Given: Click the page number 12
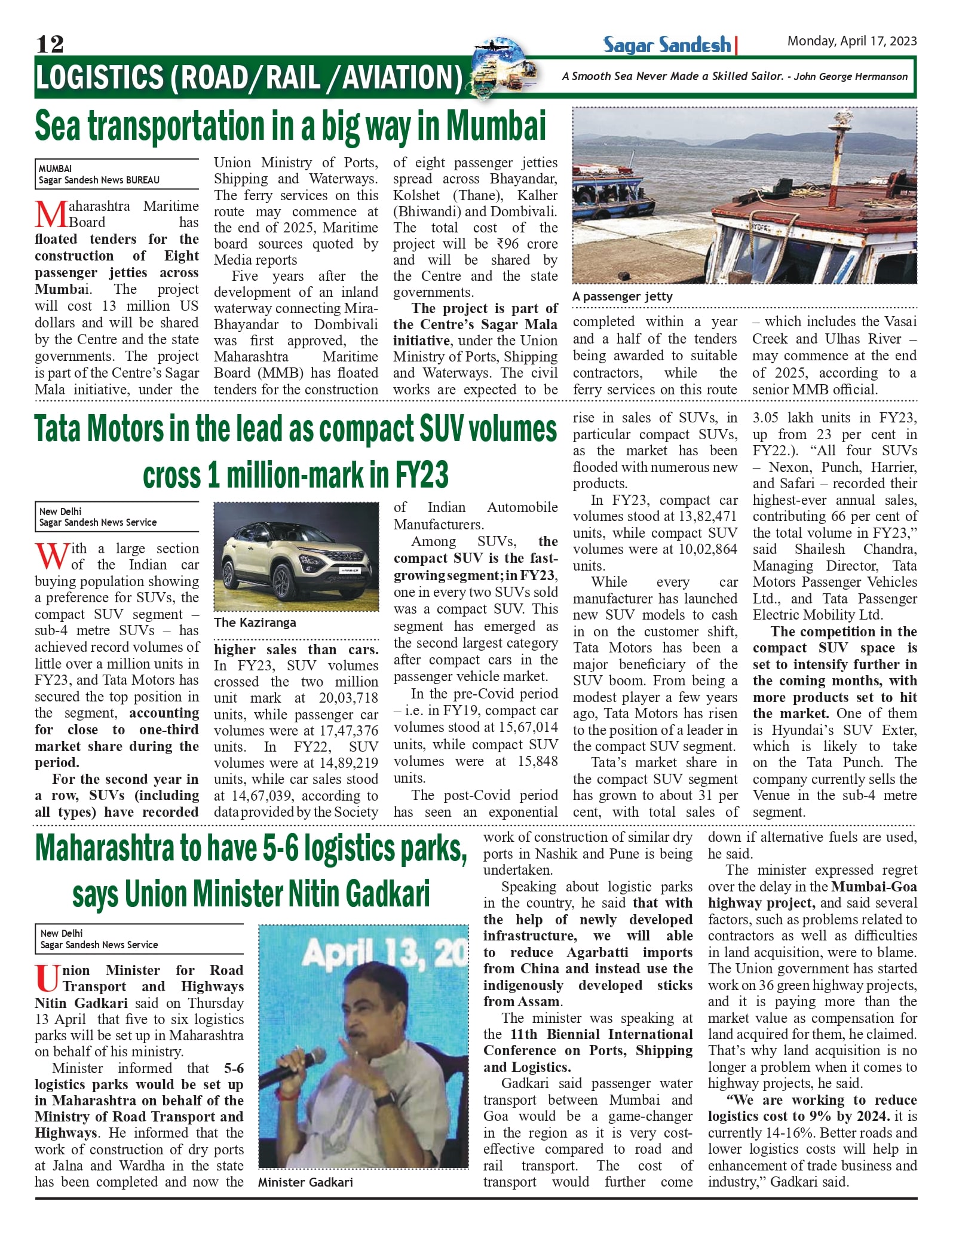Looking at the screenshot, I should (x=50, y=44).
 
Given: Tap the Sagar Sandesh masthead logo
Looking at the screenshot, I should (x=667, y=45).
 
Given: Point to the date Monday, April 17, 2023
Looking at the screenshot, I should (x=851, y=41).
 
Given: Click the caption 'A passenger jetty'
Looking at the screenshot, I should (x=622, y=296).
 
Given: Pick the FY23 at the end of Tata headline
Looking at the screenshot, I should (x=421, y=476).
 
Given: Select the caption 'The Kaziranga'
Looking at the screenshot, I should (x=255, y=623).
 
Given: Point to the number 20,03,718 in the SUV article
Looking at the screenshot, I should (x=348, y=698).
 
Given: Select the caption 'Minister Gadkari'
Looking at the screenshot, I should (x=305, y=1182).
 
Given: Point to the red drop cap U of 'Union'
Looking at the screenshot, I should (x=47, y=978).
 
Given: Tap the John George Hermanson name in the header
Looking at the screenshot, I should (x=850, y=76).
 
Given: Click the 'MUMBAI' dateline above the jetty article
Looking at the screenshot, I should (x=56, y=168).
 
